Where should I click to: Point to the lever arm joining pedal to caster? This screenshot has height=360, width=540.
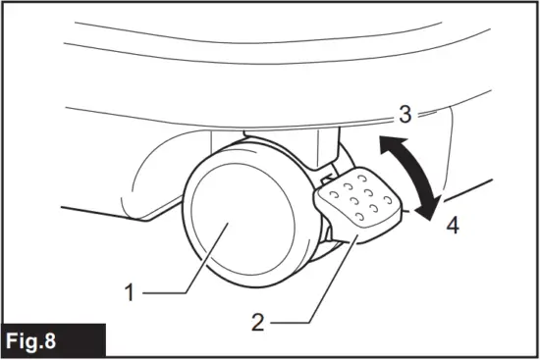(336, 236)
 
